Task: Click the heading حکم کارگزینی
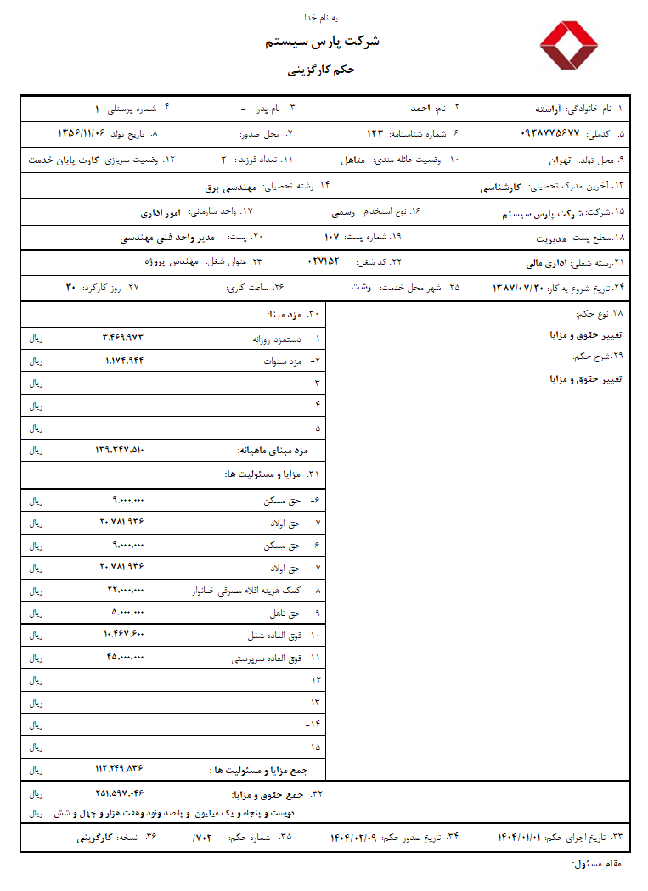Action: [x=323, y=70]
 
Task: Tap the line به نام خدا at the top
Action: [x=323, y=18]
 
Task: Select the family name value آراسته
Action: [x=549, y=109]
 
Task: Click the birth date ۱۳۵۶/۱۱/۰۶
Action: [x=82, y=134]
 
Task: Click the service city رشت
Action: [x=362, y=288]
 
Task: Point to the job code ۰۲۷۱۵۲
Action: [x=322, y=262]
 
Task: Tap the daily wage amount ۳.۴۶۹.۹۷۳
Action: [x=123, y=338]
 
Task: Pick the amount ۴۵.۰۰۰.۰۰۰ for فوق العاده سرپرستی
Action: [x=126, y=658]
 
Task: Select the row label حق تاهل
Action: [x=285, y=613]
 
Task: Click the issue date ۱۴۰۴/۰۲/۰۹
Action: [x=353, y=838]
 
